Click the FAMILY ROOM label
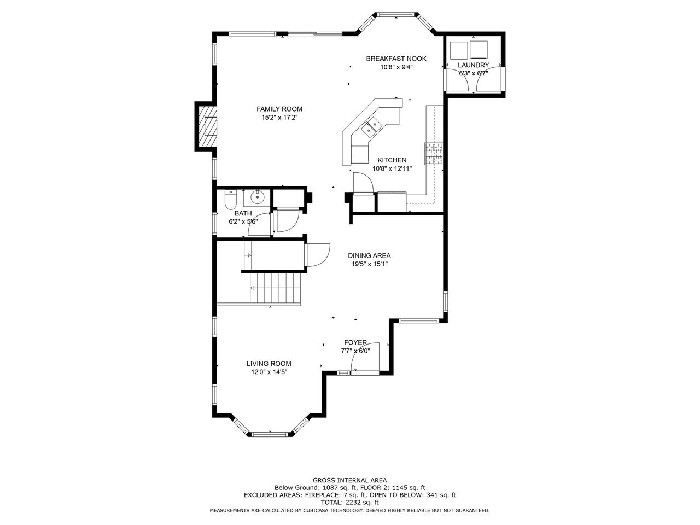point(279,109)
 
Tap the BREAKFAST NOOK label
point(396,59)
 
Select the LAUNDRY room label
point(473,65)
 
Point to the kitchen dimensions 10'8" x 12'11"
point(392,168)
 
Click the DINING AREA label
point(369,255)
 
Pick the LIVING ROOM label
point(269,364)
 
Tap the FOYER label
point(355,343)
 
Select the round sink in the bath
point(256,197)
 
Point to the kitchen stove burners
point(434,154)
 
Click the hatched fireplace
point(208,126)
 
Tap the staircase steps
point(276,288)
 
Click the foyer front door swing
point(365,357)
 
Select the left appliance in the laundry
point(459,50)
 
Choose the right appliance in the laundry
point(479,49)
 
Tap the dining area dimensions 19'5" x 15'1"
point(369,264)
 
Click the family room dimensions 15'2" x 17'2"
point(279,118)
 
